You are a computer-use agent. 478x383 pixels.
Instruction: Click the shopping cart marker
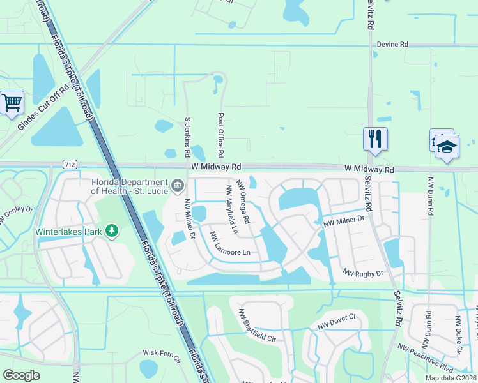coord(12,102)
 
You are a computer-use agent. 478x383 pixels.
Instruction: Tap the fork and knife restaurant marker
coord(375,138)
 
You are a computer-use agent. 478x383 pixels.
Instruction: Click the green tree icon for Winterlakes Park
coord(112,230)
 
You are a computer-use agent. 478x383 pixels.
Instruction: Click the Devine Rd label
coord(392,44)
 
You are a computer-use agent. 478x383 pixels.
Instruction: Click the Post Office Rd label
coord(220,135)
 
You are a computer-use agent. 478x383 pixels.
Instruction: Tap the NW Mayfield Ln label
coord(231,209)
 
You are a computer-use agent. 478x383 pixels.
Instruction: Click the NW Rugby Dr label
coord(363,273)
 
